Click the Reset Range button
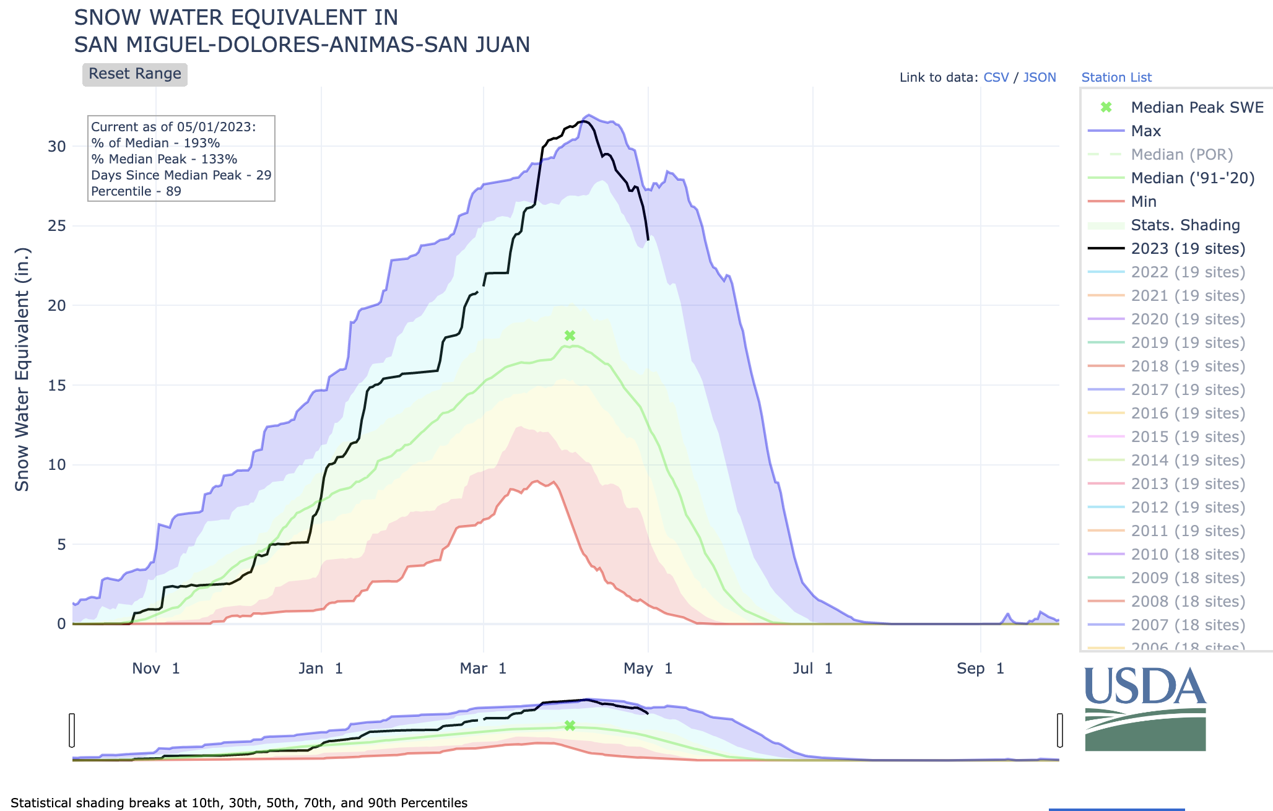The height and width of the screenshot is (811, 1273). pyautogui.click(x=135, y=74)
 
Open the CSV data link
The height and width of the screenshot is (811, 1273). pyautogui.click(x=996, y=77)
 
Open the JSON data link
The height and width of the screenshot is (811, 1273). pyautogui.click(x=1040, y=77)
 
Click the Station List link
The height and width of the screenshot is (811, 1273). pyautogui.click(x=1116, y=77)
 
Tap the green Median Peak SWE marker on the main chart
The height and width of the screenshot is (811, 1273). pyautogui.click(x=570, y=336)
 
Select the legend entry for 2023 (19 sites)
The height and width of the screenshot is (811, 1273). pyautogui.click(x=1188, y=249)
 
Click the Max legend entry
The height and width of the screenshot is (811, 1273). pyautogui.click(x=1145, y=131)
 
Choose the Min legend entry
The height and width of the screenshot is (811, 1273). pyautogui.click(x=1143, y=202)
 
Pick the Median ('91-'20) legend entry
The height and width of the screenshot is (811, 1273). pyautogui.click(x=1193, y=178)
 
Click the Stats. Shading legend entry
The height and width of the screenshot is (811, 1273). pyautogui.click(x=1185, y=225)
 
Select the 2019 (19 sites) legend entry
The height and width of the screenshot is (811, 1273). pyautogui.click(x=1188, y=343)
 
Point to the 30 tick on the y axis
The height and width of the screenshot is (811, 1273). pyautogui.click(x=57, y=147)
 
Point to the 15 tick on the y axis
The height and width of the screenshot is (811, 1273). pyautogui.click(x=57, y=386)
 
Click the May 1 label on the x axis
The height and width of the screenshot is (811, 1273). pyautogui.click(x=648, y=669)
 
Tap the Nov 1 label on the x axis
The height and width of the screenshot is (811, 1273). pyautogui.click(x=156, y=669)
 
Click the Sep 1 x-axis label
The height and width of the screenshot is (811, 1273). pyautogui.click(x=980, y=669)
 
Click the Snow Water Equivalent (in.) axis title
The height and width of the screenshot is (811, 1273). pyautogui.click(x=22, y=370)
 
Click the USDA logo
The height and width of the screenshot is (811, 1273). pyautogui.click(x=1145, y=709)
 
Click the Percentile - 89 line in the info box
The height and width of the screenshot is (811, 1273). pyautogui.click(x=136, y=191)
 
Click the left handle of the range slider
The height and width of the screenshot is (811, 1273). pyautogui.click(x=72, y=730)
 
